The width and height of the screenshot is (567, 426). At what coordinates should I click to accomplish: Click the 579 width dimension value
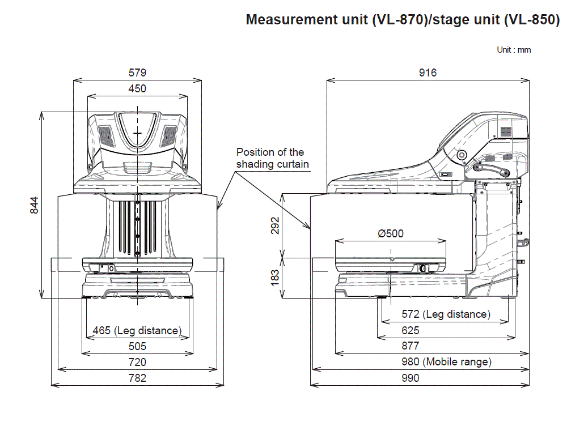pos(137,73)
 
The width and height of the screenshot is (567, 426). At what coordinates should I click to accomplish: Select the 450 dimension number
pos(137,88)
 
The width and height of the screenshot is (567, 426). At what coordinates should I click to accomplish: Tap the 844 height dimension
pos(33,205)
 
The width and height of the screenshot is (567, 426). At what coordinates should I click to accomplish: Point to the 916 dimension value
pos(428,73)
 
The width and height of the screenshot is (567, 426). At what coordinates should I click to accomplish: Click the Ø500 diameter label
pos(391,233)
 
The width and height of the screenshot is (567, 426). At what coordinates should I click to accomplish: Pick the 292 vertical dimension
pos(275,225)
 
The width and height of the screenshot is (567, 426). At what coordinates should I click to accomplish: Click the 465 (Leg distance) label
pos(137,330)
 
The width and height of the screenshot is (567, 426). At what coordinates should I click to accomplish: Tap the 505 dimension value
pos(137,346)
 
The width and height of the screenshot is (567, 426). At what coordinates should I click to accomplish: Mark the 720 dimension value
pos(137,362)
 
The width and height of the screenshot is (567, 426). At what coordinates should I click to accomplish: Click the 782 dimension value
pos(137,378)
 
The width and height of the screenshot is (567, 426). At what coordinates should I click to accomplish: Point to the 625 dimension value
pos(411,330)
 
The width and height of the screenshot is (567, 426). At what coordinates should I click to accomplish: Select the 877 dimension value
pos(411,346)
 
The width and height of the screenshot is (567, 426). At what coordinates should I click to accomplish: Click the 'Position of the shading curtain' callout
pos(270,158)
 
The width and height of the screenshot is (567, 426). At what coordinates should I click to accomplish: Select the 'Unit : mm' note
pos(514,50)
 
